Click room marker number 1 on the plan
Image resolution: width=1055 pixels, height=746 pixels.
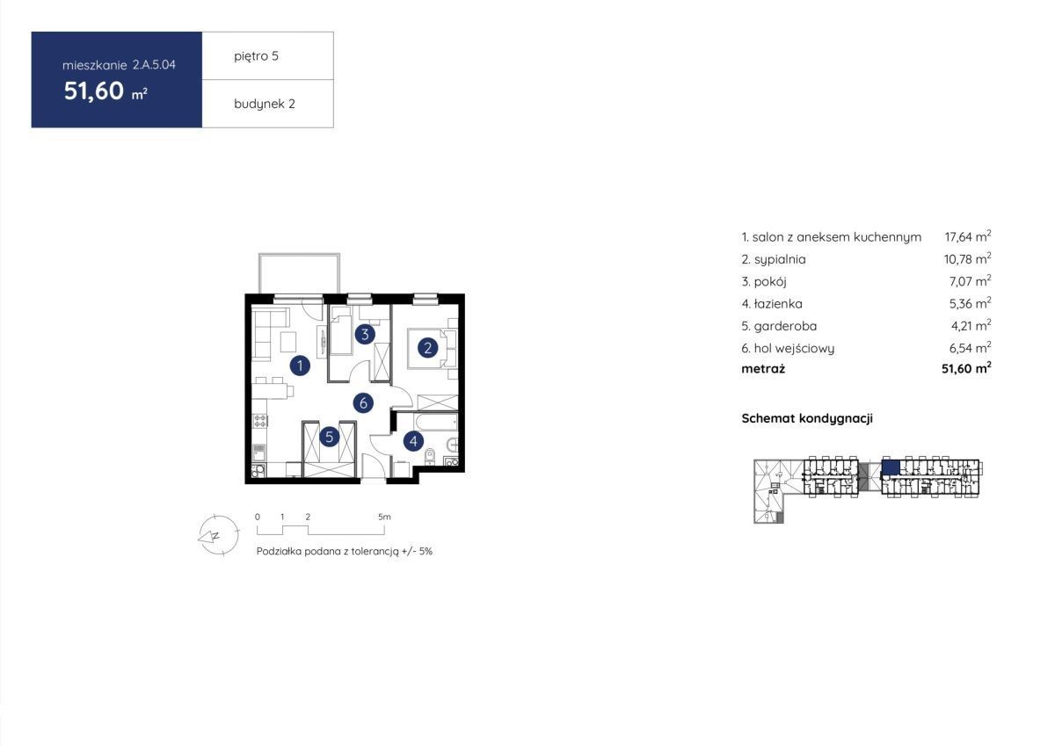pyautogui.click(x=300, y=366)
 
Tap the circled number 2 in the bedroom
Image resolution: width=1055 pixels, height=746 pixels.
pyautogui.click(x=427, y=348)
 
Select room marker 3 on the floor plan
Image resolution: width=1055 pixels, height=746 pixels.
pyautogui.click(x=365, y=334)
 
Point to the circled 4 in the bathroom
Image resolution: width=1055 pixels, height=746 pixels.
pyautogui.click(x=413, y=441)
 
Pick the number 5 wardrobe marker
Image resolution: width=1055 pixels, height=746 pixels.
pyautogui.click(x=329, y=438)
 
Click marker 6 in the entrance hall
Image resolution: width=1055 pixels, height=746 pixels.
pyautogui.click(x=363, y=403)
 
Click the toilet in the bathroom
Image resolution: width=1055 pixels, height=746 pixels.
pyautogui.click(x=430, y=457)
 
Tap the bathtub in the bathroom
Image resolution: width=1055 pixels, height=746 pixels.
pyautogui.click(x=436, y=421)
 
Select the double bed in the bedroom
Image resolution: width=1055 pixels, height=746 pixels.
pyautogui.click(x=427, y=348)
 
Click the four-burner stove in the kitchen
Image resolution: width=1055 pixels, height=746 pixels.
pyautogui.click(x=260, y=420)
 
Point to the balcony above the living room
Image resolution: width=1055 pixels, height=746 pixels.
pyautogui.click(x=299, y=273)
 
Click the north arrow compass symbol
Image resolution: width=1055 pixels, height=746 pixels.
pyautogui.click(x=217, y=535)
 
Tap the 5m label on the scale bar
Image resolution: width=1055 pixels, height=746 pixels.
pyautogui.click(x=384, y=517)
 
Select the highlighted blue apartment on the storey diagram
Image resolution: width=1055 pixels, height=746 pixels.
pyautogui.click(x=891, y=467)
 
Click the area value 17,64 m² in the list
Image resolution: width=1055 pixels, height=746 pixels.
pyautogui.click(x=967, y=236)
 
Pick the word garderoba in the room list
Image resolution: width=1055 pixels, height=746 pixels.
pyautogui.click(x=785, y=326)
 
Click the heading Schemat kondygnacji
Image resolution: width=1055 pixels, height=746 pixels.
pyautogui.click(x=807, y=418)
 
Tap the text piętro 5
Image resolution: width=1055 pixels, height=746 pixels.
pyautogui.click(x=256, y=56)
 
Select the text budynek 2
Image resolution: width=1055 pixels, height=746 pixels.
pyautogui.click(x=265, y=104)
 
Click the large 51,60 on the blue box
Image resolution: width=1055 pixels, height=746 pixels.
pyautogui.click(x=94, y=91)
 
